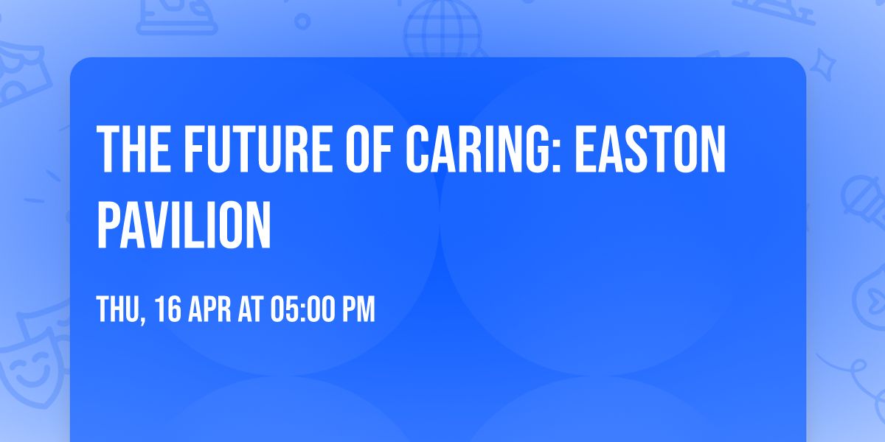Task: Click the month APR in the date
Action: tap(212, 309)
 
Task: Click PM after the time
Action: tap(357, 309)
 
